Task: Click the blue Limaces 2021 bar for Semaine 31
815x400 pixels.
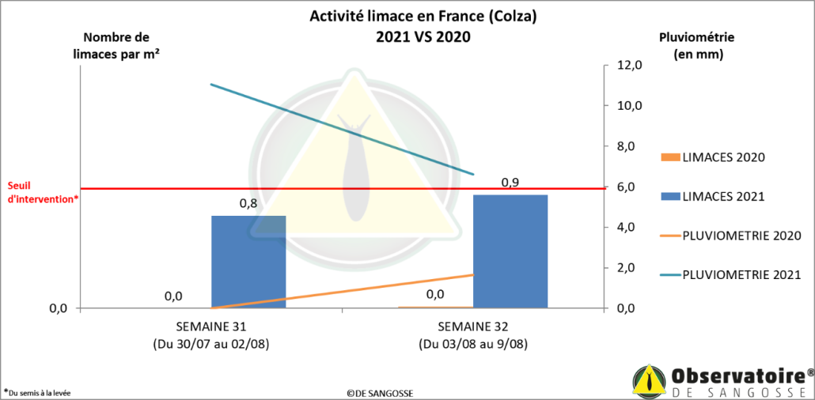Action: pyautogui.click(x=248, y=262)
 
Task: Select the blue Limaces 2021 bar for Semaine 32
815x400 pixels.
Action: pyautogui.click(x=510, y=251)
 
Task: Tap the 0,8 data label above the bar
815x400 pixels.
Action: pyautogui.click(x=248, y=204)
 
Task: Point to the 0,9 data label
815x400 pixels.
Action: pyautogui.click(x=510, y=183)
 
